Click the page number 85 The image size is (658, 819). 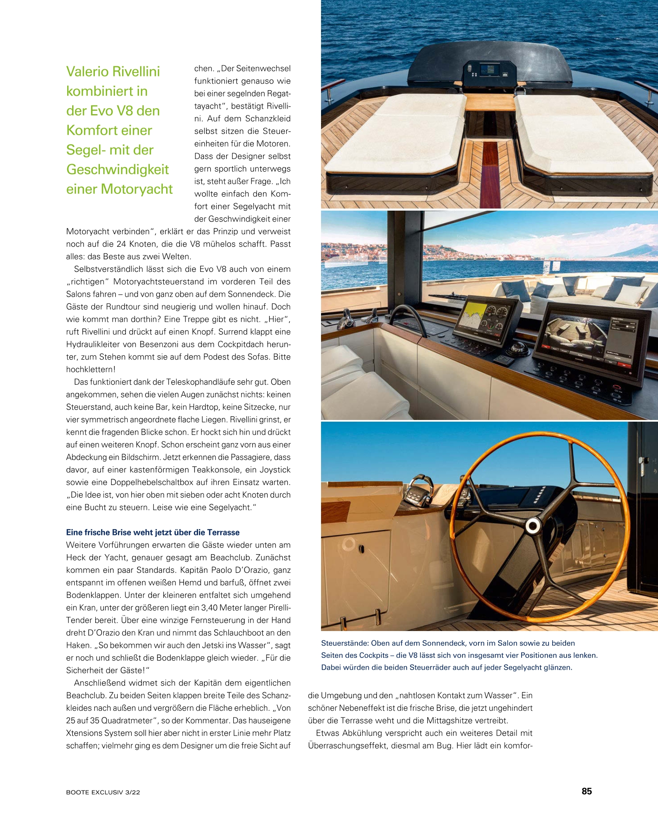(586, 791)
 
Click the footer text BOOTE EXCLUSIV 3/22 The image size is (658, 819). (103, 792)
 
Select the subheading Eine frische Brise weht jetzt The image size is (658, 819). (153, 532)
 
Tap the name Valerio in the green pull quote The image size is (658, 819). (87, 71)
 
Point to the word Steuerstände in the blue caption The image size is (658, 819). (345, 643)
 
